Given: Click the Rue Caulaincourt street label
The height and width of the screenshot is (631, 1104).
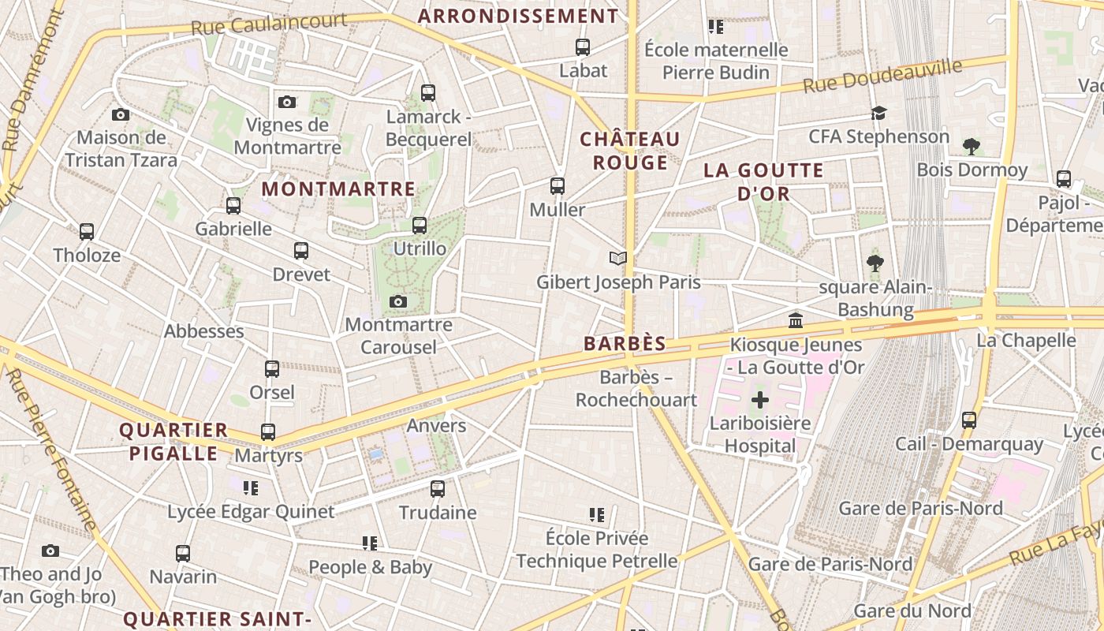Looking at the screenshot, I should click(268, 24).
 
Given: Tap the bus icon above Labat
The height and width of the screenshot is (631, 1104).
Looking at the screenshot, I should click(583, 47).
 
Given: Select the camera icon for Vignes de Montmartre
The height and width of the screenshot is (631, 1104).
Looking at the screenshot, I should click(287, 102).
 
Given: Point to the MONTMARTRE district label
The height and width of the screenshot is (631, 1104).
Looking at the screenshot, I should click(338, 189).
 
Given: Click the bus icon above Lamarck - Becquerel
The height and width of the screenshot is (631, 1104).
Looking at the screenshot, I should click(428, 93).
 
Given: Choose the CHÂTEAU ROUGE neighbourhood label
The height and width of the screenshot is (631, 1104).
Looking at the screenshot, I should click(630, 151).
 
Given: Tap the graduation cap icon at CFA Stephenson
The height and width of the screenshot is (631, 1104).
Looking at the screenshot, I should click(878, 114).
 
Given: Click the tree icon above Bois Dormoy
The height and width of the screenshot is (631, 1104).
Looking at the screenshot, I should click(972, 146).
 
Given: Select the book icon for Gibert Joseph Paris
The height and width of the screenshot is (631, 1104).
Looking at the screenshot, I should click(618, 259).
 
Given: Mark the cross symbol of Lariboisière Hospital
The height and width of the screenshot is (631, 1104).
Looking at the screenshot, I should click(760, 400).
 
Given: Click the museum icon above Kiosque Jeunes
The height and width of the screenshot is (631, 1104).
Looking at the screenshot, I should click(796, 321).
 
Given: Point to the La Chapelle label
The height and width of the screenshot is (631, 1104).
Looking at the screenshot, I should click(1026, 341).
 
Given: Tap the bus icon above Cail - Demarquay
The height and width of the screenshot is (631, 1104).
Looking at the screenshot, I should click(969, 420).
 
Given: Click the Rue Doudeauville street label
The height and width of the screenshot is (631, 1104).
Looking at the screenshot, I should click(882, 76).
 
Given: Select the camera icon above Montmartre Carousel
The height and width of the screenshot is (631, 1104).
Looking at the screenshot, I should click(398, 301).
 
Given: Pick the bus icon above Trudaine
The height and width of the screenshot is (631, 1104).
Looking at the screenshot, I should click(438, 489).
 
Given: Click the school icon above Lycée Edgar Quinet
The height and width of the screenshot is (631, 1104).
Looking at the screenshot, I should click(251, 488).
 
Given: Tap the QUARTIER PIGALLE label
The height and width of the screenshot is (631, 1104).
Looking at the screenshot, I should click(173, 442).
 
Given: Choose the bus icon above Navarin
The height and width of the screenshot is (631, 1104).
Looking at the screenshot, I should click(183, 554).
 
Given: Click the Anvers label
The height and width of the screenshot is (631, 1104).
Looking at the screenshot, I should click(436, 426).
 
